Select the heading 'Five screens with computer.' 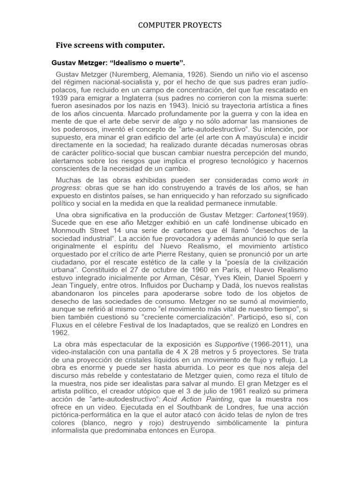point(110,45)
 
